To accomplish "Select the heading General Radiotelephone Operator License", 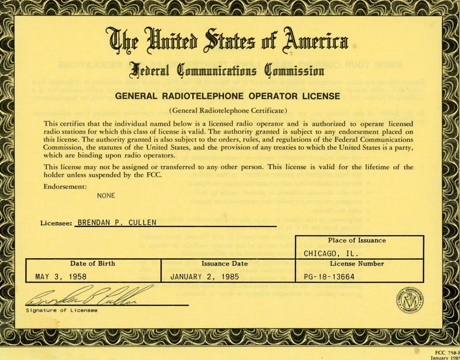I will pyautogui.click(x=227, y=96).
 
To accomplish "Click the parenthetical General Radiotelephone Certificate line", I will pyautogui.click(x=228, y=110).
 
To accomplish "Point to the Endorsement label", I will pyautogui.click(x=65, y=186).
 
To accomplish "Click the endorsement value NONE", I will pyautogui.click(x=106, y=195).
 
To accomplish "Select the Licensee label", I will pyautogui.click(x=57, y=223).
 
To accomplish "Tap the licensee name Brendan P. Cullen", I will pyautogui.click(x=117, y=222).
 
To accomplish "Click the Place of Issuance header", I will pyautogui.click(x=357, y=240).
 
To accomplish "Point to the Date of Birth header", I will pyautogui.click(x=92, y=264).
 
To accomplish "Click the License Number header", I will pyautogui.click(x=357, y=264).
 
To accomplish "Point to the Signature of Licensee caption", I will pyautogui.click(x=62, y=310).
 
